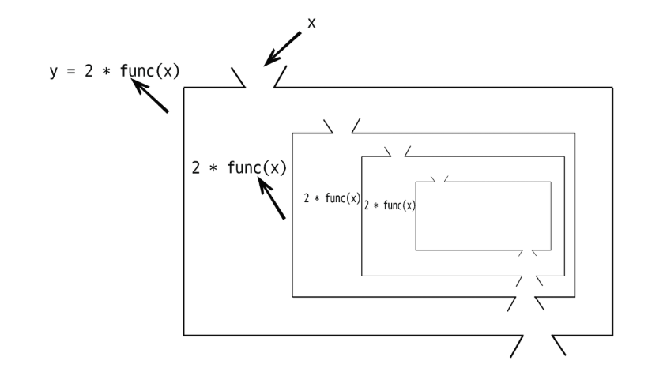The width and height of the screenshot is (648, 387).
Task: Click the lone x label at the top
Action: (x=311, y=24)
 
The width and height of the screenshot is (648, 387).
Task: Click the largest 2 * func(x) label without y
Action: (x=239, y=167)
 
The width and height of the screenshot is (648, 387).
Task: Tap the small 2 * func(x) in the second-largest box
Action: (x=332, y=198)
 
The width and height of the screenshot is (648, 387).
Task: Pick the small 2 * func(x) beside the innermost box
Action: (x=390, y=205)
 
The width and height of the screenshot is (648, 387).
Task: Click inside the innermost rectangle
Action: (x=482, y=216)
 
